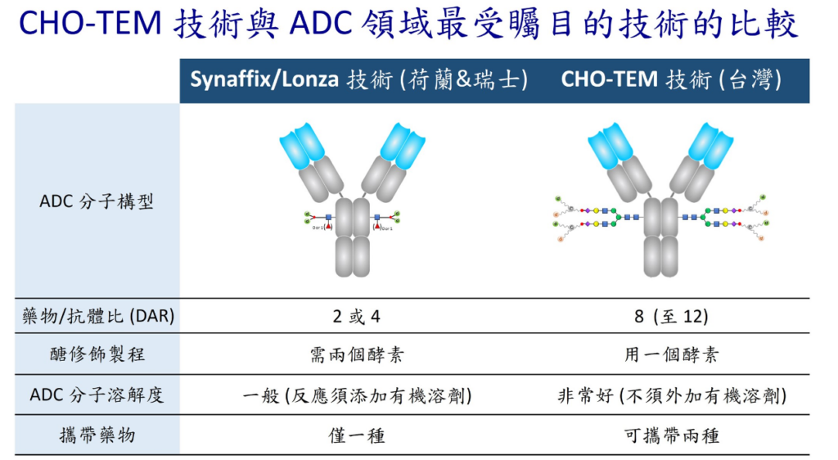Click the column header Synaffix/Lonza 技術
(x=358, y=80)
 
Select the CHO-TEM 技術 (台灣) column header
(x=670, y=80)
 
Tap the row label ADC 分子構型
(x=97, y=201)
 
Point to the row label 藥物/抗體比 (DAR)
(x=97, y=316)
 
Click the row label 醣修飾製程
(x=97, y=354)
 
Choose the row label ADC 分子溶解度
(x=97, y=395)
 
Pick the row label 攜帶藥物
(x=97, y=435)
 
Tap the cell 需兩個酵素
(x=357, y=355)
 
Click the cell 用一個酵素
(x=670, y=355)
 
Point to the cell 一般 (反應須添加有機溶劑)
(x=357, y=395)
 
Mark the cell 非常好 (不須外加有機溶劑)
(x=670, y=395)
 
